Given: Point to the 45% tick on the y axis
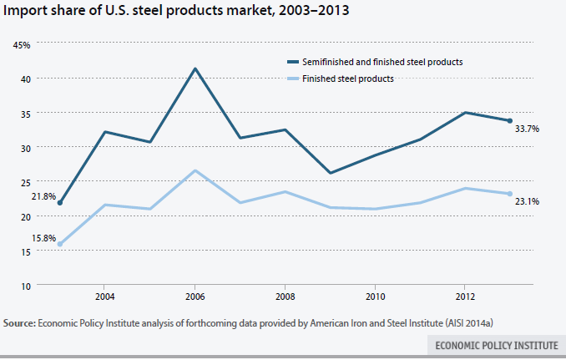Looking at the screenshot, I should click(x=23, y=45).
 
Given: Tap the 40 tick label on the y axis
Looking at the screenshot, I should click(x=25, y=79).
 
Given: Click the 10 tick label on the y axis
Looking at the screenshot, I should click(x=25, y=285).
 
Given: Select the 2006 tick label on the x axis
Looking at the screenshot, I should click(x=195, y=297).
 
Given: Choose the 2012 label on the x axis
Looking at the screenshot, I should click(x=465, y=297).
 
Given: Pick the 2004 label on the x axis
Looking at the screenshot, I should click(x=104, y=297).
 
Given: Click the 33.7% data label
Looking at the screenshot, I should click(x=527, y=129).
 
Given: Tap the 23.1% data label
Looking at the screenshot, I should click(x=527, y=201).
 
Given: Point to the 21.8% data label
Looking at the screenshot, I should click(x=43, y=196).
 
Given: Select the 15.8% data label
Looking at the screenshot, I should click(x=43, y=238).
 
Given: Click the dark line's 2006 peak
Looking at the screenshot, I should click(x=195, y=68).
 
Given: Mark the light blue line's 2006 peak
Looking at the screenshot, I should click(x=195, y=170).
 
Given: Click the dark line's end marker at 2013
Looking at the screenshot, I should click(x=509, y=120).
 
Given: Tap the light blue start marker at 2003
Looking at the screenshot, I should click(x=60, y=244).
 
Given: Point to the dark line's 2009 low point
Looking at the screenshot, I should click(x=331, y=173).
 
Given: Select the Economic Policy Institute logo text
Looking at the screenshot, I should click(x=496, y=344).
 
